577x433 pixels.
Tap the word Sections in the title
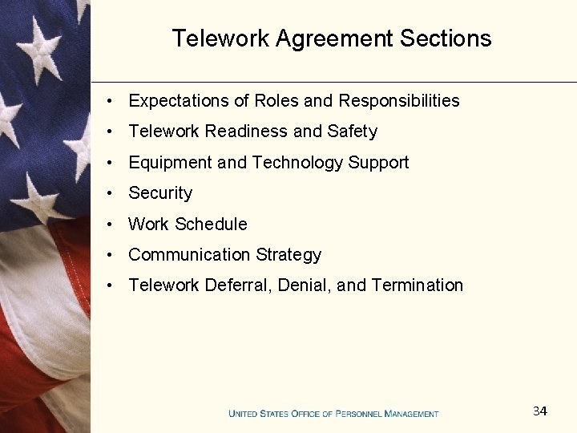tap(446, 38)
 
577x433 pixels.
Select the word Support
tap(378, 163)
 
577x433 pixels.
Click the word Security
tap(160, 193)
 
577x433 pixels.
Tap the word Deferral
tap(238, 285)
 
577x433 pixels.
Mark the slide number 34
tap(540, 411)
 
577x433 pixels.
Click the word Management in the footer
tap(412, 414)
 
